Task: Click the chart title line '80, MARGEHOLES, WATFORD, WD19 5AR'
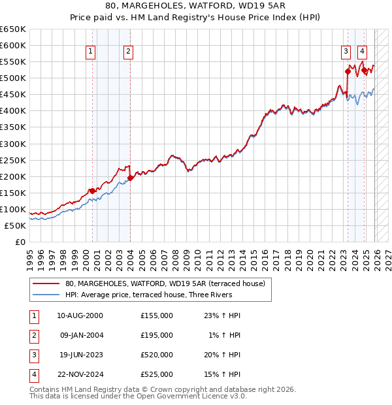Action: pos(195,5)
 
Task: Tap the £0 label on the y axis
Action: pos(20,242)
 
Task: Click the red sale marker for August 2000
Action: pos(92,190)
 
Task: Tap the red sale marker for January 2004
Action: pos(130,177)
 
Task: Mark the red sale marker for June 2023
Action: pos(348,71)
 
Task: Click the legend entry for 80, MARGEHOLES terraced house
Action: pos(165,283)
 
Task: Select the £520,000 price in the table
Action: pos(157,356)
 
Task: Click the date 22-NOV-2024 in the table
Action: pos(80,374)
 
